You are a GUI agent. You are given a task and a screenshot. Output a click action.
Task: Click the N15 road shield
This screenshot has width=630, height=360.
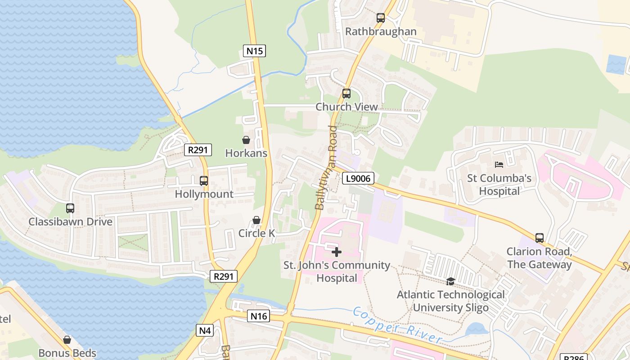point(254,51)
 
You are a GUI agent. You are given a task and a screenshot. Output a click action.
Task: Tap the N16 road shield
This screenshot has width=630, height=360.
point(259,316)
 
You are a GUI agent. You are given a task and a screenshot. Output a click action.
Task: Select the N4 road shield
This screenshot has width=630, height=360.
point(205,331)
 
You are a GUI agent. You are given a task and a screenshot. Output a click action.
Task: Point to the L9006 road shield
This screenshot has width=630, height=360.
point(358,179)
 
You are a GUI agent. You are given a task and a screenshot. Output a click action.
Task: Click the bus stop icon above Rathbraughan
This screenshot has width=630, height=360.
point(381,18)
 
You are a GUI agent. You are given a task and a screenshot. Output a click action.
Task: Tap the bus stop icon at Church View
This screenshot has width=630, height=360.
point(346,94)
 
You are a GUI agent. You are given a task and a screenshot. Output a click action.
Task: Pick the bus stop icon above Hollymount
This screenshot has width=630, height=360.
point(204,181)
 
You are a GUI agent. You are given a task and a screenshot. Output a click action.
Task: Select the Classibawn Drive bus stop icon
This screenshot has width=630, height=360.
point(70,208)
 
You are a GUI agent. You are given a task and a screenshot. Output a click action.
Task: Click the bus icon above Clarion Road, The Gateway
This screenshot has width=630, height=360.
point(539,238)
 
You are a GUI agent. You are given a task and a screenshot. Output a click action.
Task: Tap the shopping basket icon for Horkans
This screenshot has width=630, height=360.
point(246,140)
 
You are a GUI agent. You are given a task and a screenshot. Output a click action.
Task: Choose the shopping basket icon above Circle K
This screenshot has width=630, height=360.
point(256,220)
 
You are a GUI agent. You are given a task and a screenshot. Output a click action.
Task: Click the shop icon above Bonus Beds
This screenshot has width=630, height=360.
point(67,340)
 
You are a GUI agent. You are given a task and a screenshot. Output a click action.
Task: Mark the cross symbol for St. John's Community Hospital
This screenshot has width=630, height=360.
point(337,252)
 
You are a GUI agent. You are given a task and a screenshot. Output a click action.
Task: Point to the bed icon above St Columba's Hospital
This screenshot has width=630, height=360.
point(499,165)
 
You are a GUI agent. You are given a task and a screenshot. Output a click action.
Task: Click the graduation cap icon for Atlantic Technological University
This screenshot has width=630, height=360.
point(450,281)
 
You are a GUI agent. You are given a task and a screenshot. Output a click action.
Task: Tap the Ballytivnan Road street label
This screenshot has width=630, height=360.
point(326,168)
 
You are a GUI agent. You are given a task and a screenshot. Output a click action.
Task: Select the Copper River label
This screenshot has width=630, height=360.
point(396,325)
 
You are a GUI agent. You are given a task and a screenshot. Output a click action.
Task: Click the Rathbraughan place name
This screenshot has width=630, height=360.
point(381,32)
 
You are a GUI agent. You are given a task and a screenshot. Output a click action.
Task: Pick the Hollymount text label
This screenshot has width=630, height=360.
point(204,194)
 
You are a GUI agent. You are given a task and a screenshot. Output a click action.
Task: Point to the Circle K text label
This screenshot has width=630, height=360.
point(256,233)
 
